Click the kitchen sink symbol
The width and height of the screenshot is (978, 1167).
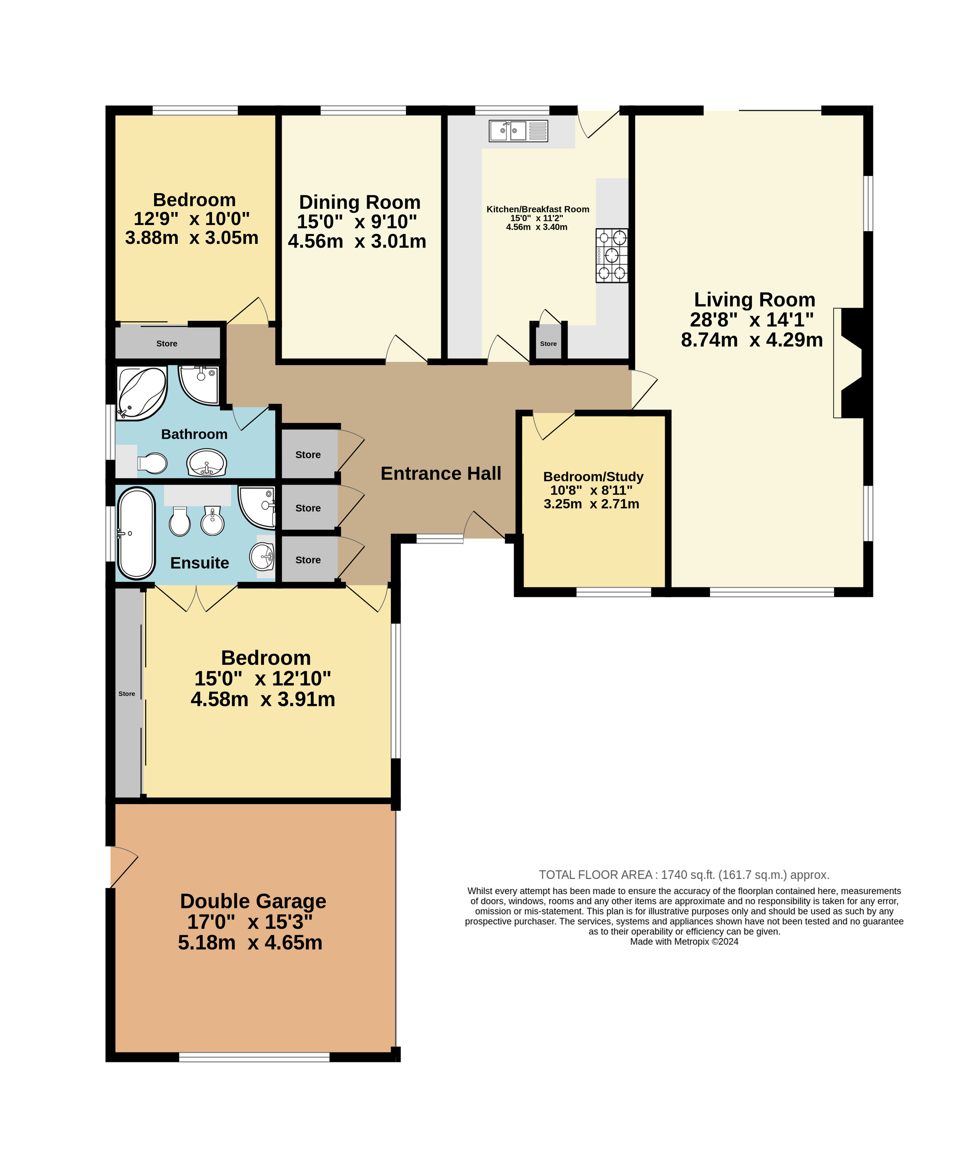coord(518,131)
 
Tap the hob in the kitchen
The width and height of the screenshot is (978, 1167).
coord(612,256)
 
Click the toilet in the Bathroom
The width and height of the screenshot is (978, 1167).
coord(152,463)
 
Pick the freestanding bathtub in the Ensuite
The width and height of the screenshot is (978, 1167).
coord(136,533)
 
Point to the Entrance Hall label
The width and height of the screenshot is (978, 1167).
coord(441,474)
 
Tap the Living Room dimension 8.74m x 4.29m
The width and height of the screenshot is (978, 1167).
coord(752,340)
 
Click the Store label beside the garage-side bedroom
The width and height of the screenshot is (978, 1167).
coord(127,693)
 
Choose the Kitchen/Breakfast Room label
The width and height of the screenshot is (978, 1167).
coord(538,209)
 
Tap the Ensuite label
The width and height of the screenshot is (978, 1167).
coord(200,563)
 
